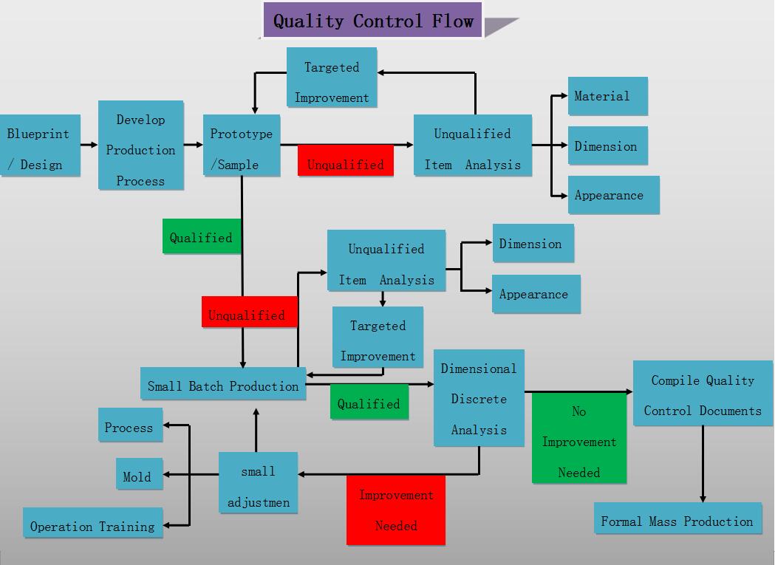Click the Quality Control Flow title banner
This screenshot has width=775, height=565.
click(372, 21)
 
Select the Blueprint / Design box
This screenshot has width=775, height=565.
click(38, 146)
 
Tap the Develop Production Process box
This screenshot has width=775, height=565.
click(140, 145)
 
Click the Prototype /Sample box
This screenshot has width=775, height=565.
click(242, 145)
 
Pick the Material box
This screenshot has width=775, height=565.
click(607, 96)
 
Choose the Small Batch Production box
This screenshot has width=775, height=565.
click(222, 385)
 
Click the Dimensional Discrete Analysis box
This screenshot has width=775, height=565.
click(479, 398)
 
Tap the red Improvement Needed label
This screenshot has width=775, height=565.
click(396, 510)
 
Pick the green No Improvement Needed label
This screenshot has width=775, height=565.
click(579, 441)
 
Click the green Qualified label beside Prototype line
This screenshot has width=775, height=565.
click(202, 237)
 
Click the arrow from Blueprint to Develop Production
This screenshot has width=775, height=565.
click(89, 145)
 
